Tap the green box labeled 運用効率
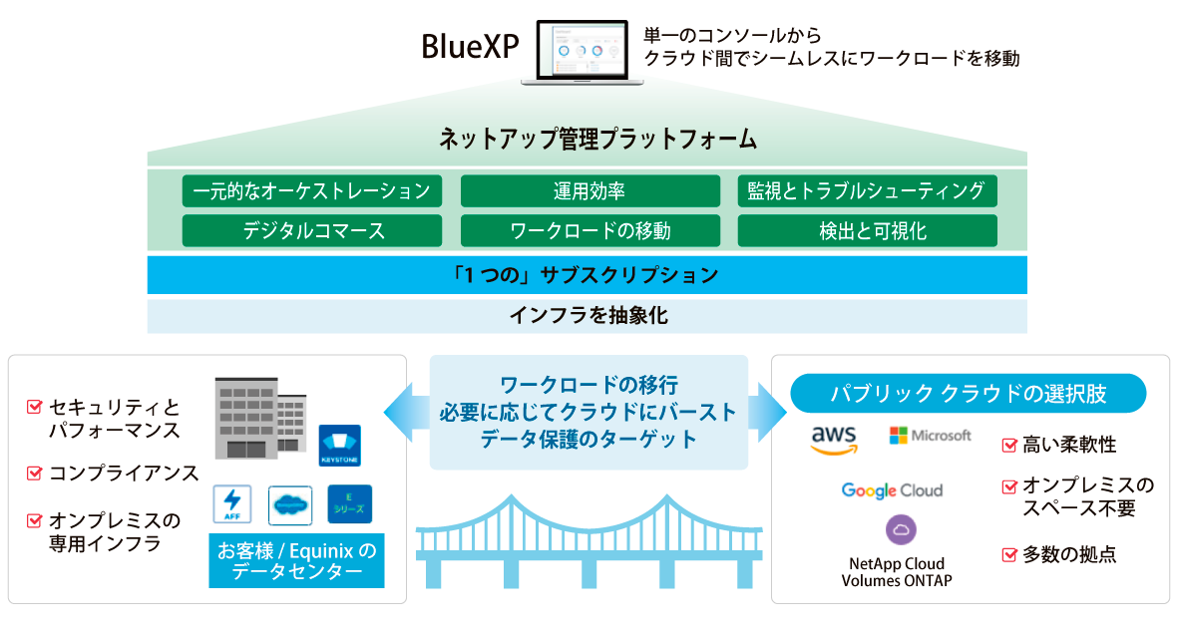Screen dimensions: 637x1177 589,190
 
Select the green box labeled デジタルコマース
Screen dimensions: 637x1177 312,231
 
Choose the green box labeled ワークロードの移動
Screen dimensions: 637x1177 589,231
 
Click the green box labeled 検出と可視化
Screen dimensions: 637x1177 867,231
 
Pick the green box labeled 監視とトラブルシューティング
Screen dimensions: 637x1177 867,190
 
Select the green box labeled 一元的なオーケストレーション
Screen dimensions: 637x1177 312,190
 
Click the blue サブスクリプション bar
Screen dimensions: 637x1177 587,274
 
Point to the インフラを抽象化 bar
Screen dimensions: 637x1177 587,316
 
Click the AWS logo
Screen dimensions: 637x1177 835,440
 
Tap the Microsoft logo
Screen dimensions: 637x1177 930,436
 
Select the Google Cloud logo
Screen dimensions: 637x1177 892,490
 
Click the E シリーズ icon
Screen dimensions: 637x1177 349,504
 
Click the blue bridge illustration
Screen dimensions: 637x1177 588,543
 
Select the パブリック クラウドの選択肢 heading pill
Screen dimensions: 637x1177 968,394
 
